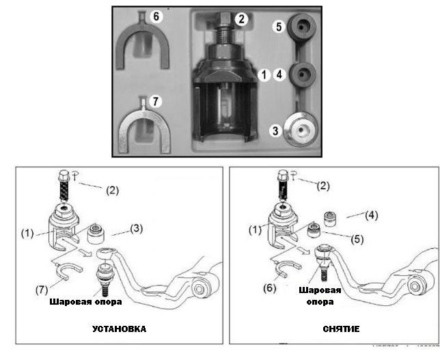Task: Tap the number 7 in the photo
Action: tap(156, 102)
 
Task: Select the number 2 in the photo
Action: tap(240, 19)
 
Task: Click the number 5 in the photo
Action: tap(278, 29)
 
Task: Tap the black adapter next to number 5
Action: tap(302, 28)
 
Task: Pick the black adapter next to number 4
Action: tap(302, 73)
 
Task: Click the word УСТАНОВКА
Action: tap(120, 329)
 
